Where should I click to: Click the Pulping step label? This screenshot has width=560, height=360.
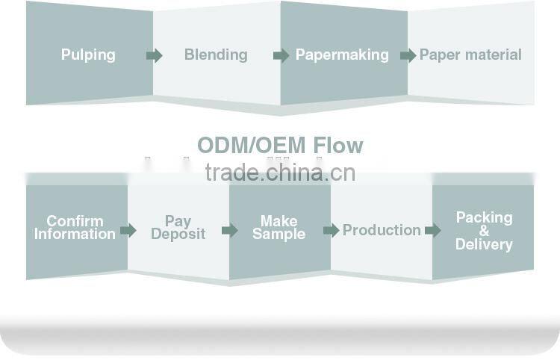tap(88, 55)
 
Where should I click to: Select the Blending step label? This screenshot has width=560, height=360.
tap(216, 55)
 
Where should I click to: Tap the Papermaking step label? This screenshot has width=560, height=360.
tap(342, 55)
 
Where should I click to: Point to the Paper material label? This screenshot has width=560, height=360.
tap(470, 55)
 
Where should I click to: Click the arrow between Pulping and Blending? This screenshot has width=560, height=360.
tap(155, 55)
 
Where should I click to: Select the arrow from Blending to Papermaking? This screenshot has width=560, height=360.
tap(281, 55)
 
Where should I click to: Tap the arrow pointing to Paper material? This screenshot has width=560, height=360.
tap(408, 55)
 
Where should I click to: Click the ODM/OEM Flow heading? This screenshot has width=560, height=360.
tap(280, 145)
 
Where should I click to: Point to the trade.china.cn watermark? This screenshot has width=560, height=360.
tap(280, 173)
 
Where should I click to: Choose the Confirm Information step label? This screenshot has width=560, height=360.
tap(75, 227)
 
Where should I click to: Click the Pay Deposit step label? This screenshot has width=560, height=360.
tap(178, 227)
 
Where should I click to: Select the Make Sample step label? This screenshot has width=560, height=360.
tap(279, 227)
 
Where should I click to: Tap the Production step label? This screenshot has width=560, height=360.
tap(382, 230)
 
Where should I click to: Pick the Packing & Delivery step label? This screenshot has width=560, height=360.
tap(484, 231)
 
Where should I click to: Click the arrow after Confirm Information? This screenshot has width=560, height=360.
tap(128, 230)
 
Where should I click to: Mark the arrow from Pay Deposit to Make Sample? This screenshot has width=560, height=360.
tap(230, 230)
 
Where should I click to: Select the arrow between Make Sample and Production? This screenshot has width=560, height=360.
tap(332, 230)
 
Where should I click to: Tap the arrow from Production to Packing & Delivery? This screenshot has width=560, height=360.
tap(433, 230)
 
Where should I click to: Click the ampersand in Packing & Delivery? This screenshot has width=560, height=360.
tap(484, 231)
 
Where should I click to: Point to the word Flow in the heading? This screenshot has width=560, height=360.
tap(337, 145)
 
